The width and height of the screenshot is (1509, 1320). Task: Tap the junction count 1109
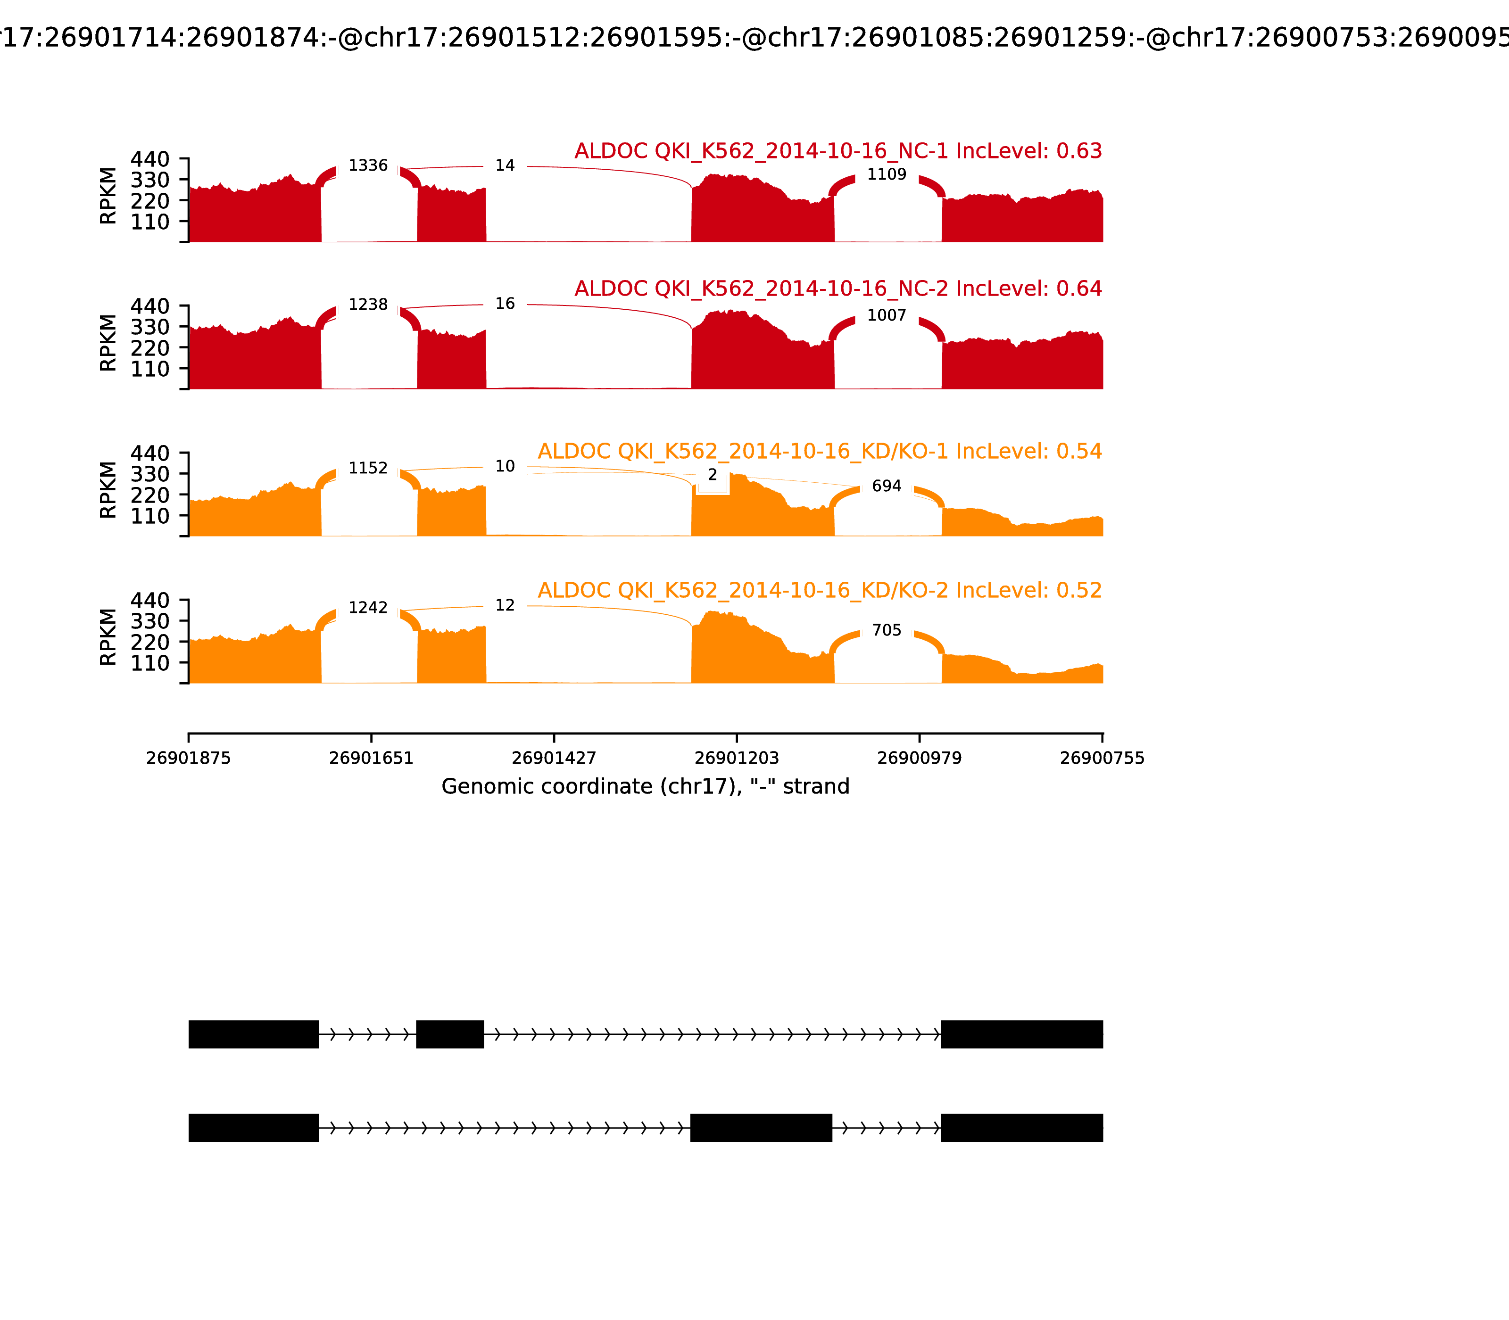click(887, 174)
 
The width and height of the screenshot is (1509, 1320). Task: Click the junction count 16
click(505, 304)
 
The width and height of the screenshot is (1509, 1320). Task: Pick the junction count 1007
click(887, 316)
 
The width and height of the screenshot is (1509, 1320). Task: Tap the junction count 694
click(887, 486)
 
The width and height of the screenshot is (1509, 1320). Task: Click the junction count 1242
click(368, 608)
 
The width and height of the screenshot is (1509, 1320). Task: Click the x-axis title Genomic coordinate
click(646, 787)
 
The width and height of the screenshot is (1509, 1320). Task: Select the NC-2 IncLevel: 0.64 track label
click(838, 289)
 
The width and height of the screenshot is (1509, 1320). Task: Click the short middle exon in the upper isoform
click(449, 1034)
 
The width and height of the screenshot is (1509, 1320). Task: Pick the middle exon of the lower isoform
click(761, 1128)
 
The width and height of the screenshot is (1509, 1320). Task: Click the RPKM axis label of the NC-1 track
click(108, 196)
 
